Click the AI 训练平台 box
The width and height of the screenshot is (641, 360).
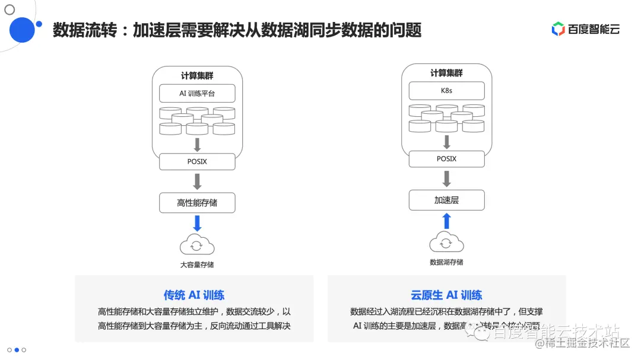(x=197, y=93)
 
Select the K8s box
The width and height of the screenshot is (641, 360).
(x=446, y=91)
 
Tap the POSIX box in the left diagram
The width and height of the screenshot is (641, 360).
(x=197, y=161)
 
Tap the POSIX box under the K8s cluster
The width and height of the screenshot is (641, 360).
(x=446, y=159)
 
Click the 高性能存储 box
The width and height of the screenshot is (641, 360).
(x=197, y=203)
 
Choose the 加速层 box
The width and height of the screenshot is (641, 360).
(x=446, y=200)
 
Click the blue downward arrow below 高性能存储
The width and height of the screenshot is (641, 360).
(x=197, y=224)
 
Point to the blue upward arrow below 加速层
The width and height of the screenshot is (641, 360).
(x=446, y=221)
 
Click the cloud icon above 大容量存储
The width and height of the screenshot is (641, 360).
(x=197, y=244)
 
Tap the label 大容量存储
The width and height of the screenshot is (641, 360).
(x=197, y=265)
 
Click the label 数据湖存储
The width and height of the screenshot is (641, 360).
(x=446, y=262)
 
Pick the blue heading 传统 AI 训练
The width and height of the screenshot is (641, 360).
(x=194, y=295)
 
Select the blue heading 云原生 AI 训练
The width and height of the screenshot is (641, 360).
(x=446, y=295)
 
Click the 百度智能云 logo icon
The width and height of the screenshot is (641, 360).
(x=558, y=29)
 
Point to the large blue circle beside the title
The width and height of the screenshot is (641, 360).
(x=23, y=30)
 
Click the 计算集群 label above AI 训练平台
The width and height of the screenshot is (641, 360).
(x=197, y=76)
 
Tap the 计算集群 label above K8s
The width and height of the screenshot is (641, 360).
(x=446, y=73)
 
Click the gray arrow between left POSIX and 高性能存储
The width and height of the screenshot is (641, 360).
(x=197, y=181)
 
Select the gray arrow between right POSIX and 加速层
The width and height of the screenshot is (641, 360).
(x=446, y=179)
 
